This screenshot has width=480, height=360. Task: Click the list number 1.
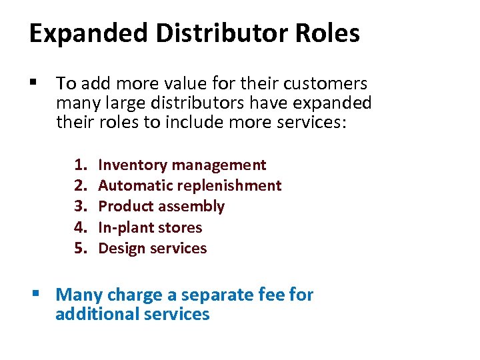(81, 165)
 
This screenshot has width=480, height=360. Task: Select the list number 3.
(81, 207)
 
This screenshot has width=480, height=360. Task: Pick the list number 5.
(81, 249)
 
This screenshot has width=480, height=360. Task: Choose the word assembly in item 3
(196, 207)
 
